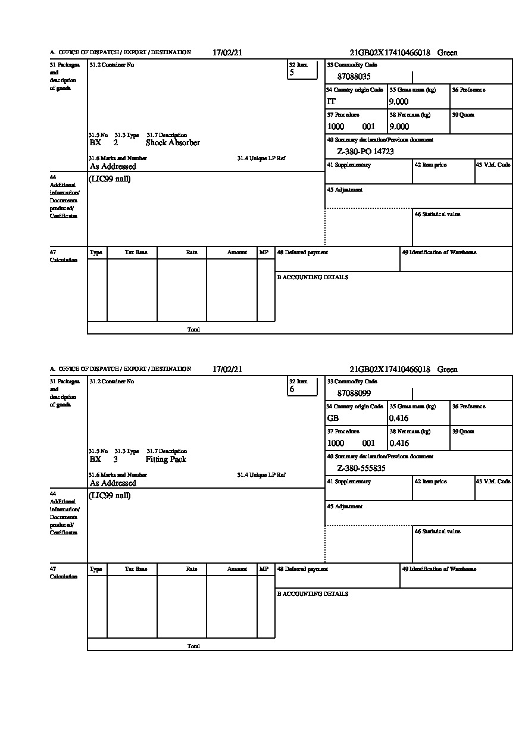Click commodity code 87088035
[354, 77]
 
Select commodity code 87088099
[354, 393]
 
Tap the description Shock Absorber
[173, 143]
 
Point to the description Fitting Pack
[166, 459]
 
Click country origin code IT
[332, 102]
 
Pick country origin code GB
[333, 418]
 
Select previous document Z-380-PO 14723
[365, 152]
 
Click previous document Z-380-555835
[361, 468]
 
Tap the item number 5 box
[302, 70]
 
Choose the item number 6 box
[302, 386]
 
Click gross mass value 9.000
[399, 102]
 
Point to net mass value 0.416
[399, 443]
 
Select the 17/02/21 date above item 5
[227, 52]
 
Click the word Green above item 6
[448, 370]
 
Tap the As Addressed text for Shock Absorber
[113, 167]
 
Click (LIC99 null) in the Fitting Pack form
[110, 496]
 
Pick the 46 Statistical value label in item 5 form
[437, 214]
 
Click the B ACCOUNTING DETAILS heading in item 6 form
[312, 594]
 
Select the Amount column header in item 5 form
[237, 252]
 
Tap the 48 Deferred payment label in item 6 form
[302, 569]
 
